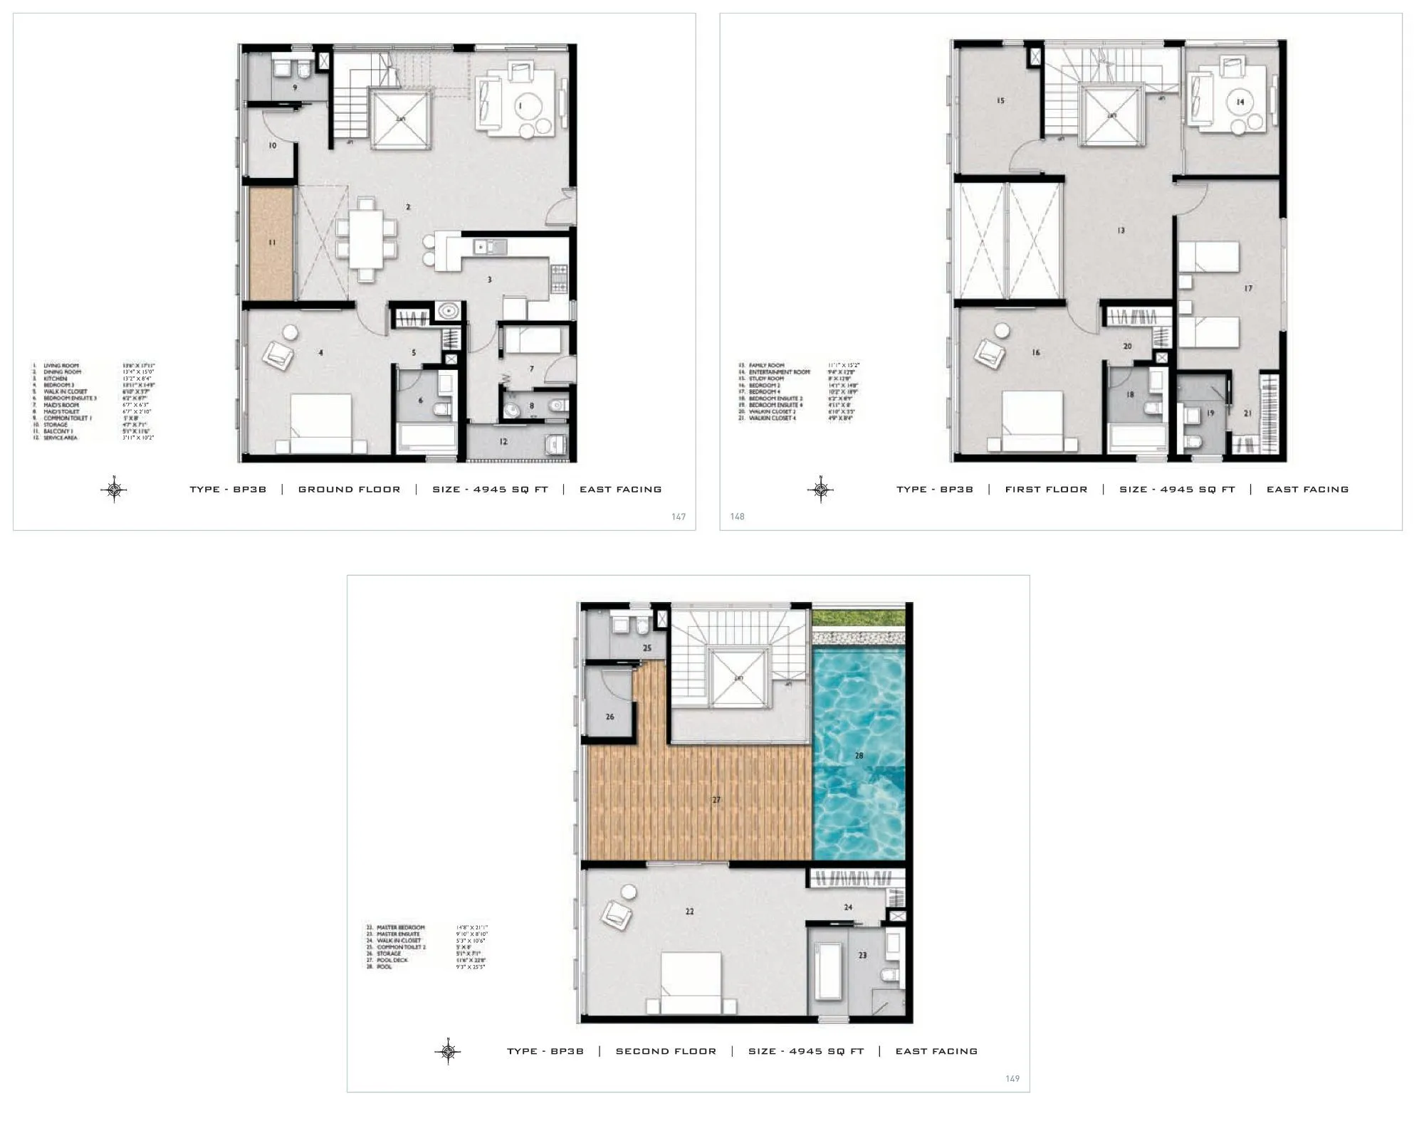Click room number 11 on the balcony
pyautogui.click(x=272, y=243)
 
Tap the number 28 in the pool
pyautogui.click(x=859, y=755)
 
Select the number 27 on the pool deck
pyautogui.click(x=716, y=800)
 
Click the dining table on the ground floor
pyautogui.click(x=365, y=240)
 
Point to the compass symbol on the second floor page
pyautogui.click(x=448, y=1050)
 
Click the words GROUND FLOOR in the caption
pyautogui.click(x=349, y=490)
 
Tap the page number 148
pyautogui.click(x=737, y=516)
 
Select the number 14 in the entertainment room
pyautogui.click(x=1240, y=102)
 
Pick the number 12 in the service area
pyautogui.click(x=503, y=442)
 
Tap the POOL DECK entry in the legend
pyautogui.click(x=392, y=960)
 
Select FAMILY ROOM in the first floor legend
pyautogui.click(x=766, y=365)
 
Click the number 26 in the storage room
pyautogui.click(x=609, y=717)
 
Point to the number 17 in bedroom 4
pyautogui.click(x=1248, y=288)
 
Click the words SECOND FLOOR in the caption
pyautogui.click(x=666, y=1051)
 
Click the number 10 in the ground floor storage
pyautogui.click(x=272, y=145)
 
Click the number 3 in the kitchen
pyautogui.click(x=489, y=280)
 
